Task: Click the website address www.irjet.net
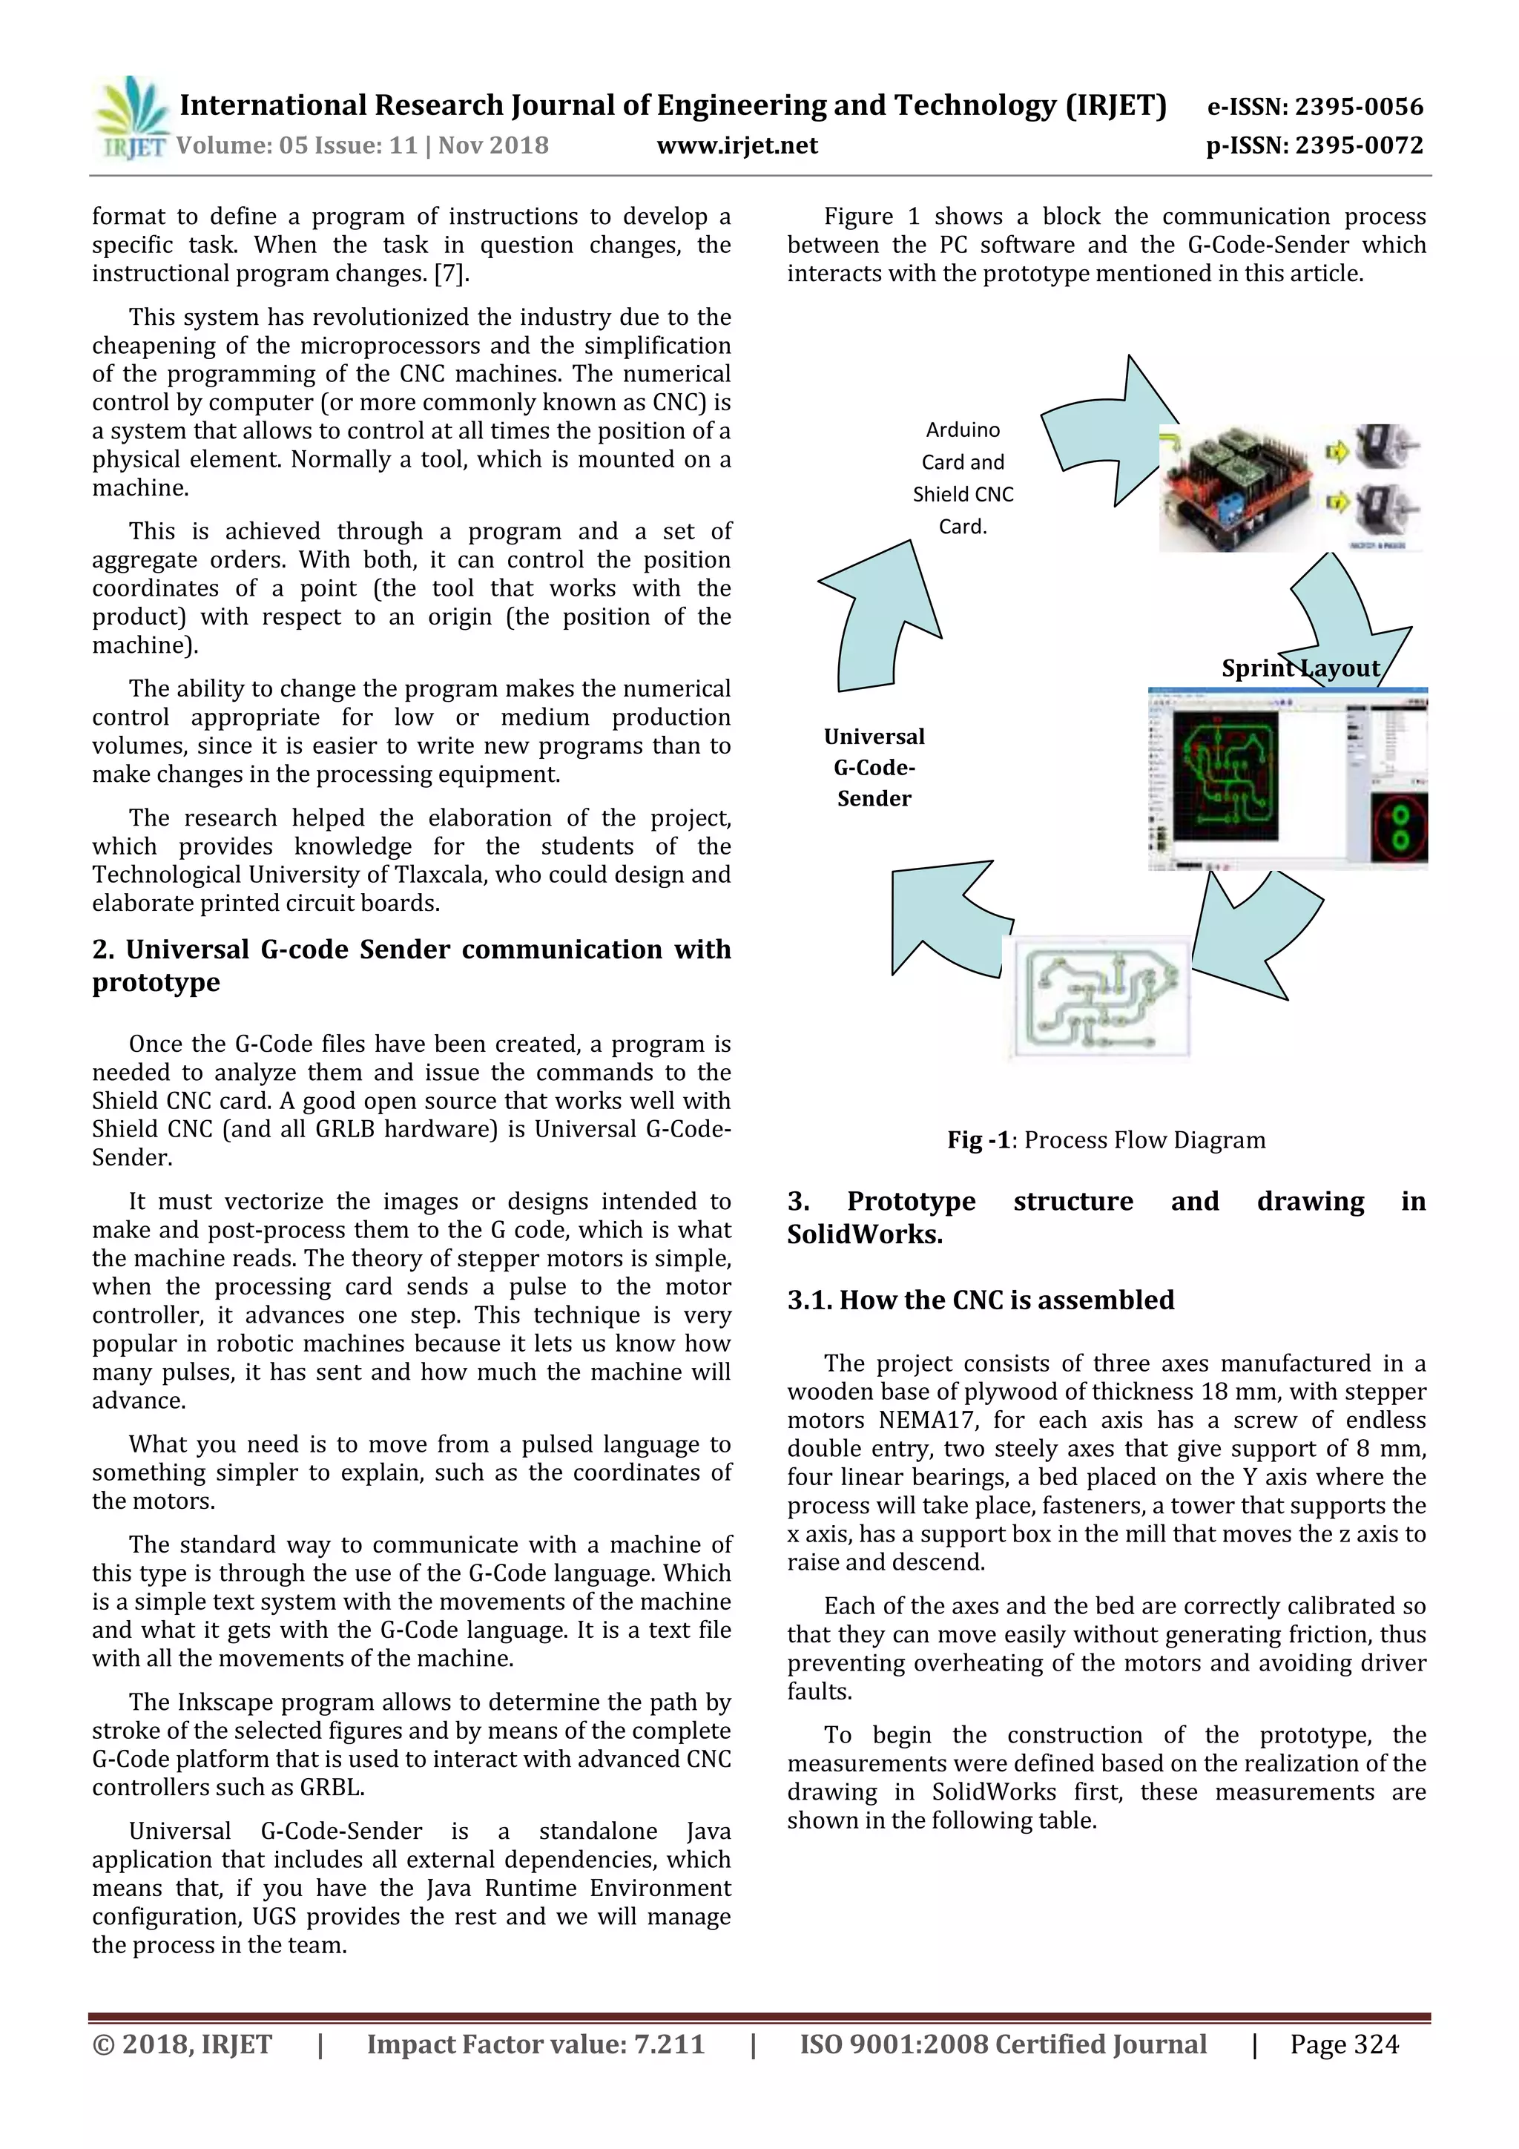click(x=737, y=146)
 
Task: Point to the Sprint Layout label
click(x=1300, y=668)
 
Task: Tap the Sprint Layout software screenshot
click(x=1287, y=780)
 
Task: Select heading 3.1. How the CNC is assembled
click(x=980, y=1300)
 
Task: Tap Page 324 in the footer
click(x=1343, y=2044)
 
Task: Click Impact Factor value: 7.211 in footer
click(x=536, y=2044)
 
